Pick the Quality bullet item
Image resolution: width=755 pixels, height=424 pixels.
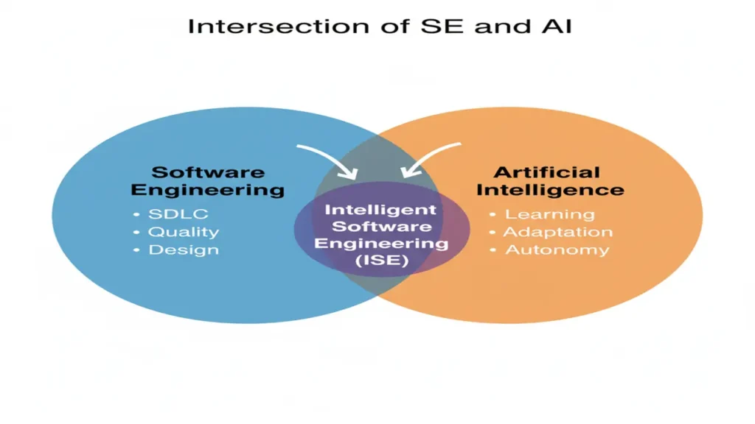184,232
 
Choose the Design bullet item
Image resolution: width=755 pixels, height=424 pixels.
184,250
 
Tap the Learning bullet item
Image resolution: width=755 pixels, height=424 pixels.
549,214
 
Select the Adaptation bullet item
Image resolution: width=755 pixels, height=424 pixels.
557,232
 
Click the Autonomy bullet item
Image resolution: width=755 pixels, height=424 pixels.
557,250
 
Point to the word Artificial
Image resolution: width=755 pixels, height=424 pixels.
547,172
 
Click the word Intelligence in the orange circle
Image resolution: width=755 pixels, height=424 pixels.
550,190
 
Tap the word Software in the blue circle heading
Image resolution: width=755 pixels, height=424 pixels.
208,172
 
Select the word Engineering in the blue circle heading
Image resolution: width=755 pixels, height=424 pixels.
208,190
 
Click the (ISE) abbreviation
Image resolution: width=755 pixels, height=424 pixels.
380,260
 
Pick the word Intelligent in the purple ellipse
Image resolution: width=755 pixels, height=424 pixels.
380,210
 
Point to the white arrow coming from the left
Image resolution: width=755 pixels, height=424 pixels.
329,159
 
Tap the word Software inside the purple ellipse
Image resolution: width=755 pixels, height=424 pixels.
380,226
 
